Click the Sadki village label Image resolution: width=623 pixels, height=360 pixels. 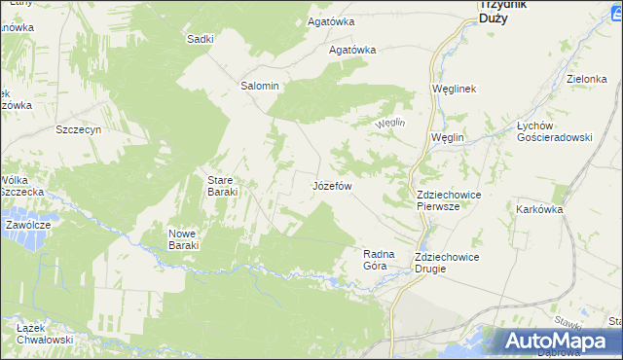200,39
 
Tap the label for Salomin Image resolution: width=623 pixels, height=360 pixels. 260,86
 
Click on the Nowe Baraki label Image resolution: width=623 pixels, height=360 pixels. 183,239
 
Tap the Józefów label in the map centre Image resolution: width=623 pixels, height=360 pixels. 332,185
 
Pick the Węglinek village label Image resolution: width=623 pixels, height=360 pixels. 453,89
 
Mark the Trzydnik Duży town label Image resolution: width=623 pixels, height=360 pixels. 503,11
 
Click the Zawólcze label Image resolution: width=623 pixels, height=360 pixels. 27,224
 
